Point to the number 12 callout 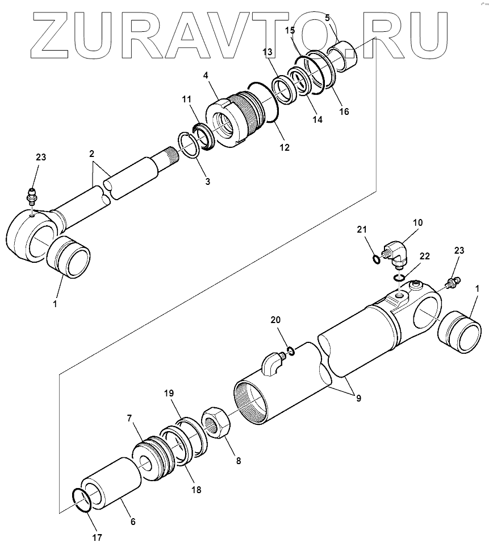284,147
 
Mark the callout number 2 91,154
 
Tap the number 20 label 275,320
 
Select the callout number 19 170,393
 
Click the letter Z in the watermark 53,32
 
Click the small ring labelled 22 400,278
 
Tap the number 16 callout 344,111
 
